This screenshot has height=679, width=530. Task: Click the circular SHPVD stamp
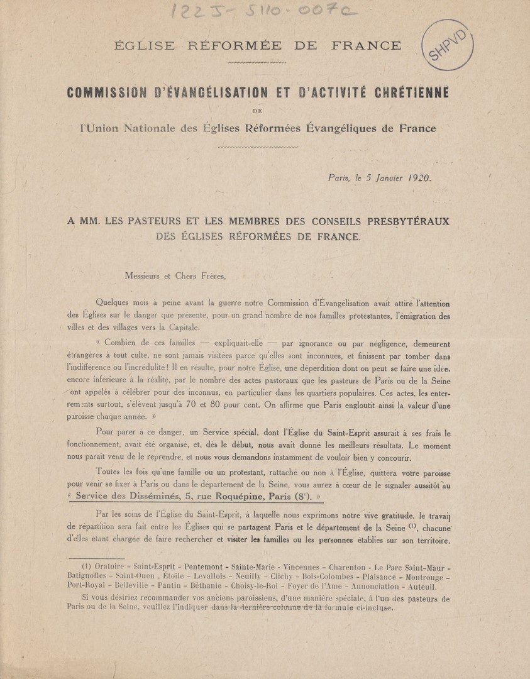point(448,47)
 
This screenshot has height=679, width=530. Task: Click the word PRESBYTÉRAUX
point(400,223)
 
